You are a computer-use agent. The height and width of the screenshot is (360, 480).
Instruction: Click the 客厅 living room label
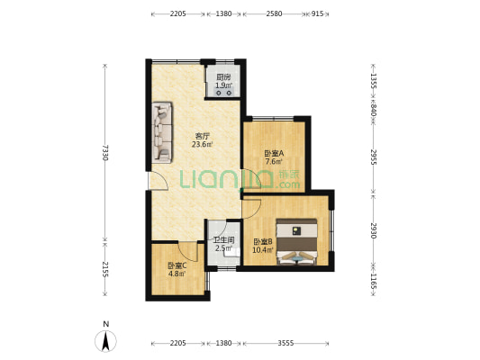pyautogui.click(x=203, y=136)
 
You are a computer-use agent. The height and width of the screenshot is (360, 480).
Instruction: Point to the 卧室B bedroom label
pyautogui.click(x=263, y=241)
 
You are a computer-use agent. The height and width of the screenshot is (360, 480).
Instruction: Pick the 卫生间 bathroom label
pyautogui.click(x=223, y=240)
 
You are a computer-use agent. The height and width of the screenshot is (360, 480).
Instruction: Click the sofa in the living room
pyautogui.click(x=162, y=132)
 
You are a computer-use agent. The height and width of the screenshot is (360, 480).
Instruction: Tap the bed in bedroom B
pyautogui.click(x=296, y=241)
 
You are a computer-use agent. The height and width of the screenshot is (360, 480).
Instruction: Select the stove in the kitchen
pyautogui.click(x=223, y=92)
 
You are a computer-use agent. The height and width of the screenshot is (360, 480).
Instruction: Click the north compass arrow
pyautogui.click(x=105, y=341)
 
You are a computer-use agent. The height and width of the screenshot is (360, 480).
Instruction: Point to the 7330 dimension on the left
pyautogui.click(x=104, y=153)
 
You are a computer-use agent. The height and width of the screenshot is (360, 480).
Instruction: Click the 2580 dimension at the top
pyautogui.click(x=274, y=13)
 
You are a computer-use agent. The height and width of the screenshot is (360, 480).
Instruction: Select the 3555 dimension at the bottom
pyautogui.click(x=285, y=343)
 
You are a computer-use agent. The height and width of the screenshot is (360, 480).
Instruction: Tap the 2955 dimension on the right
pyautogui.click(x=373, y=157)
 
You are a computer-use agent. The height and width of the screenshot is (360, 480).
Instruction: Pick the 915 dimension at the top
pyautogui.click(x=318, y=13)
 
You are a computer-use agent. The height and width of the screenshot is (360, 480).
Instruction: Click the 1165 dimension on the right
pyautogui.click(x=373, y=281)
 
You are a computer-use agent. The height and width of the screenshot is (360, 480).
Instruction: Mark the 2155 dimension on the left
pyautogui.click(x=104, y=269)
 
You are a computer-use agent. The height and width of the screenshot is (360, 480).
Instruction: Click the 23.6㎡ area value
pyautogui.click(x=203, y=144)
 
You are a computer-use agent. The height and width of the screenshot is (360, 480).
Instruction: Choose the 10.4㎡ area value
pyautogui.click(x=263, y=250)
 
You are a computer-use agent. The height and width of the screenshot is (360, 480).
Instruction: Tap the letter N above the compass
pyautogui.click(x=106, y=324)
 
